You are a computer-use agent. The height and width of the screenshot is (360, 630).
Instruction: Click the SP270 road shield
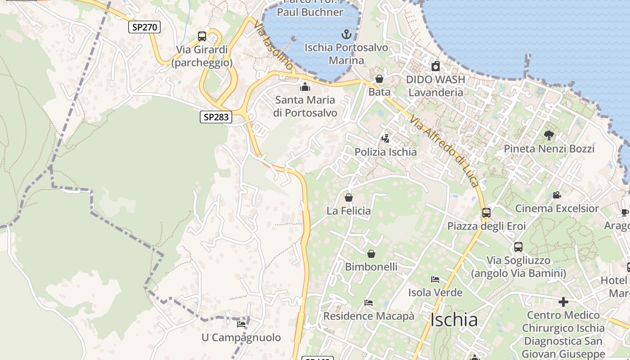click(x=144, y=27)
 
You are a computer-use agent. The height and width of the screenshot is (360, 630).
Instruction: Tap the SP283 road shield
click(x=216, y=117)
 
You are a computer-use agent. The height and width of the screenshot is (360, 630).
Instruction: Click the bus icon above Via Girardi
click(x=202, y=36)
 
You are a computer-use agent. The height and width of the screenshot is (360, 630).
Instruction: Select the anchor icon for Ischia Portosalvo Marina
click(x=346, y=34)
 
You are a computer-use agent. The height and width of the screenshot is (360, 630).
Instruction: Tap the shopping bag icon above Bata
click(x=379, y=79)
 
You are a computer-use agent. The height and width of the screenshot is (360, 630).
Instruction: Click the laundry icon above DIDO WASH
click(x=435, y=67)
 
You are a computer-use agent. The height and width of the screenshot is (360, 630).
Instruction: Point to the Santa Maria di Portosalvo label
click(x=305, y=106)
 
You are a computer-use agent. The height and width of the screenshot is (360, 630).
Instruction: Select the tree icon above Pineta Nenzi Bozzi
click(x=549, y=135)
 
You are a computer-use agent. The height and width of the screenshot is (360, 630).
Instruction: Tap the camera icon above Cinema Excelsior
click(x=557, y=195)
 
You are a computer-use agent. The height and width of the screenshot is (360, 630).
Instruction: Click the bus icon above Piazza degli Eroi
click(x=486, y=212)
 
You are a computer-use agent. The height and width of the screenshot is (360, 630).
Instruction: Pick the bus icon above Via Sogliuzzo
click(x=518, y=247)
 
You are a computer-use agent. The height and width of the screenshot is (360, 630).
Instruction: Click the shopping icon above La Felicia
click(x=348, y=197)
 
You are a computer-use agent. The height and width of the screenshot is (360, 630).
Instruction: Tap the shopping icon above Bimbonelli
click(x=371, y=254)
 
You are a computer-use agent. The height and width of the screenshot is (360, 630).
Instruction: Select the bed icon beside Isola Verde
click(x=435, y=279)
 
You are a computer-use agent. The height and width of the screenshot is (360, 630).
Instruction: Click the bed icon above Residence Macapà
click(x=369, y=303)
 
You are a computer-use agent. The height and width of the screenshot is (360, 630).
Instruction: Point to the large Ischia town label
click(x=454, y=320)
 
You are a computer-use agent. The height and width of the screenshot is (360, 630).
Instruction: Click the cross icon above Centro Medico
click(x=563, y=301)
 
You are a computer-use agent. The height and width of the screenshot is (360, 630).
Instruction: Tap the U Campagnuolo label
click(x=241, y=337)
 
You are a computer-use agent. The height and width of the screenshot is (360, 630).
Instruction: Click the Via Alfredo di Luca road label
click(x=443, y=150)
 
